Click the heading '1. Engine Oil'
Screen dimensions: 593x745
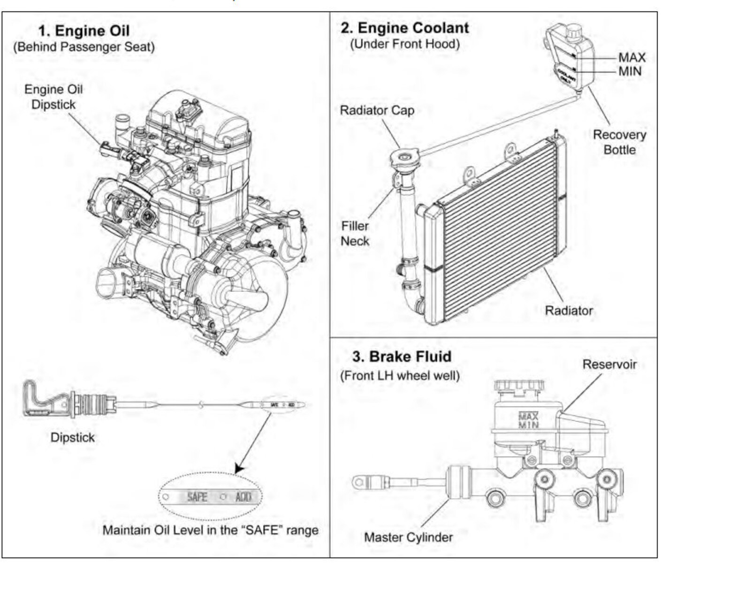[x=84, y=31]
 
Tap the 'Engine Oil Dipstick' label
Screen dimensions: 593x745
[x=53, y=97]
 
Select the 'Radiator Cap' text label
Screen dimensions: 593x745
[x=377, y=110]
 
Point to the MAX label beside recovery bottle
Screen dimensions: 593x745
[x=631, y=57]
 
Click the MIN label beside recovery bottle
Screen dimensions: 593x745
[x=630, y=71]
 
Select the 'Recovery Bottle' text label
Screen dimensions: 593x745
[x=619, y=142]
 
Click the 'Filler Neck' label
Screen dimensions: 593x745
[x=355, y=233]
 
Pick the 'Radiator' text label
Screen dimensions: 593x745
[x=568, y=311]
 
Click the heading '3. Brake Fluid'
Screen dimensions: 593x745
[x=402, y=357]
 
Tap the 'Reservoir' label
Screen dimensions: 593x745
[x=609, y=365]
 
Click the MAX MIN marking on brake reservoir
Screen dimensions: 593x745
[x=528, y=420]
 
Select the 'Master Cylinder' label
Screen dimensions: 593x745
[x=408, y=537]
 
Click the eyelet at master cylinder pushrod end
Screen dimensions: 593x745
[x=359, y=482]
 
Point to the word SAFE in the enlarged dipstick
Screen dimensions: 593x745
[x=197, y=497]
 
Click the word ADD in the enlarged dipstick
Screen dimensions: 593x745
[x=243, y=497]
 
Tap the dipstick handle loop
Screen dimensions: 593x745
[x=38, y=399]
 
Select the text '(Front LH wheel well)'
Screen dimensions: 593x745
[x=400, y=376]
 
